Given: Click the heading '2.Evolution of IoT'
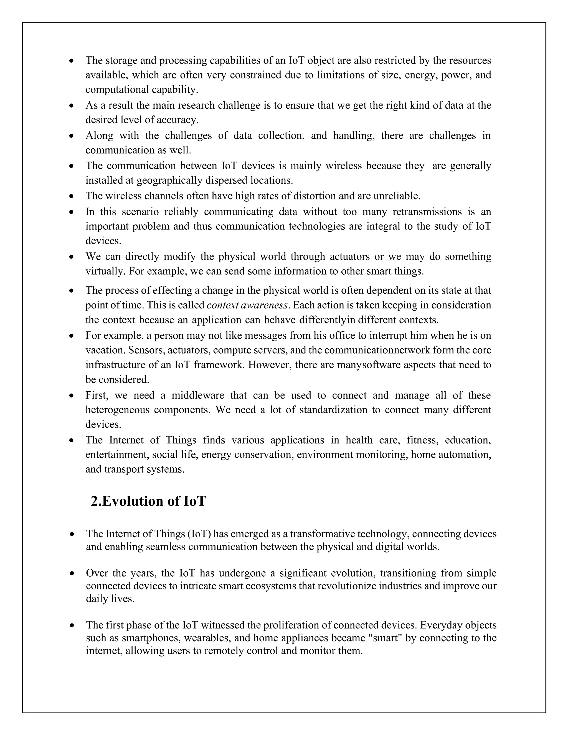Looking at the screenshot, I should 148,501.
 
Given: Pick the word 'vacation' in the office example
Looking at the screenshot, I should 105,350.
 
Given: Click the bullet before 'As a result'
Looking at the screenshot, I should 71,106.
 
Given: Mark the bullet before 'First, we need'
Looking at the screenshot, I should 71,396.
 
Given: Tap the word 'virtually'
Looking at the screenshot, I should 105,271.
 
